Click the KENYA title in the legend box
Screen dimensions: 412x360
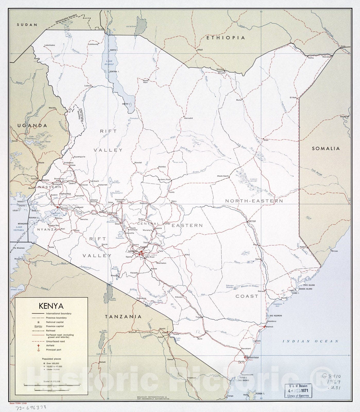pyautogui.click(x=51, y=306)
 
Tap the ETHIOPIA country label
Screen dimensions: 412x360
pyautogui.click(x=226, y=38)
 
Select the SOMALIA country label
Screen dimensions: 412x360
pyautogui.click(x=326, y=148)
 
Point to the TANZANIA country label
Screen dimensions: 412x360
pyautogui.click(x=123, y=316)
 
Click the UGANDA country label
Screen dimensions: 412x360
pyautogui.click(x=32, y=126)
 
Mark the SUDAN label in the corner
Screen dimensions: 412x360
pyautogui.click(x=27, y=25)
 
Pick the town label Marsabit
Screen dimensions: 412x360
pyautogui.click(x=188, y=118)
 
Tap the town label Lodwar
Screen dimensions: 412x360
pyautogui.click(x=88, y=86)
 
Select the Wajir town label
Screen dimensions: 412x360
pyautogui.click(x=266, y=140)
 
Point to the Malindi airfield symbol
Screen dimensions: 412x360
pyautogui.click(x=265, y=327)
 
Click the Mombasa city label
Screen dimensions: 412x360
pyautogui.click(x=253, y=357)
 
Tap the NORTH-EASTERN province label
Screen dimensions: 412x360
pyautogui.click(x=254, y=201)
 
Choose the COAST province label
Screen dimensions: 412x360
pyautogui.click(x=247, y=296)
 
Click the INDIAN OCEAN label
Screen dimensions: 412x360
pyautogui.click(x=311, y=341)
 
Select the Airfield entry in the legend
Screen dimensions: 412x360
pyautogui.click(x=50, y=346)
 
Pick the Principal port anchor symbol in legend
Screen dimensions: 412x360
pyautogui.click(x=39, y=350)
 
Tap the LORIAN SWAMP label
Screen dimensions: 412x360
pyautogui.click(x=253, y=180)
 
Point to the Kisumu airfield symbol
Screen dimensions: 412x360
pyautogui.click(x=58, y=207)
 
